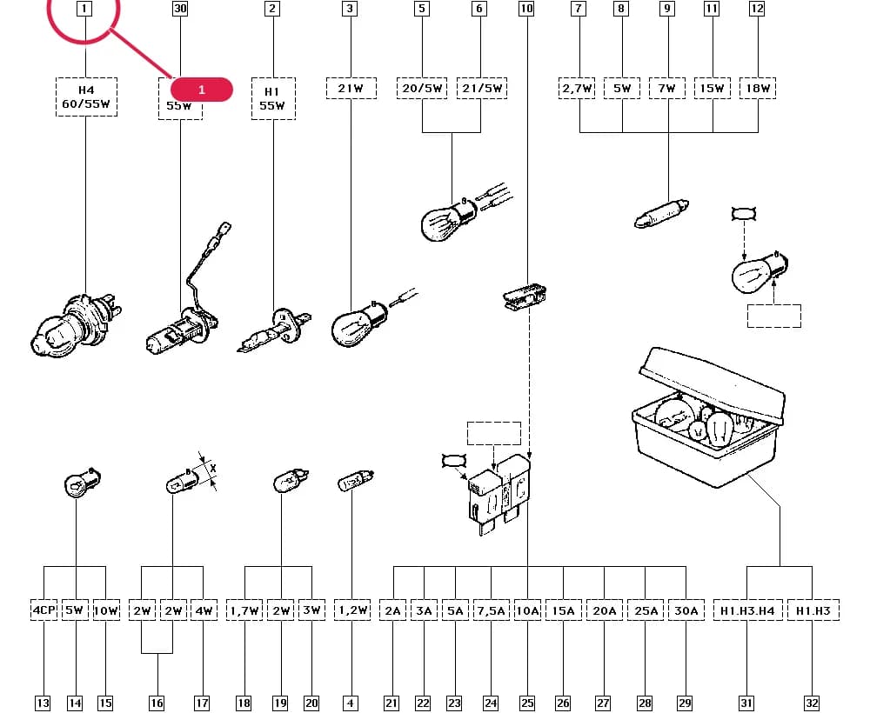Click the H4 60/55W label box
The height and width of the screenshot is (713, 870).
[x=86, y=97]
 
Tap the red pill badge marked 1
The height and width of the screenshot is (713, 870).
[x=202, y=90]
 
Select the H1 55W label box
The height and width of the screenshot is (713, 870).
[x=273, y=98]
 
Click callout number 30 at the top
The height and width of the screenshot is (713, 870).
[x=180, y=9]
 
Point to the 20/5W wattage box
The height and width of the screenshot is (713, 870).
[x=422, y=88]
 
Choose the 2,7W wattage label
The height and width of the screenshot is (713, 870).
[x=577, y=88]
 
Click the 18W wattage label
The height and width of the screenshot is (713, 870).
[x=758, y=88]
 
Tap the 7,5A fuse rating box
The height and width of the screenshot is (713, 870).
[x=491, y=610]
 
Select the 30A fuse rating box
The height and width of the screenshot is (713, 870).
[x=686, y=610]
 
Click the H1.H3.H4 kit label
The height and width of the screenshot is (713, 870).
[x=747, y=610]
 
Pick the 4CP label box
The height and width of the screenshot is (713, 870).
[x=43, y=610]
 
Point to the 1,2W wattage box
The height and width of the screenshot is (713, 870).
[x=352, y=610]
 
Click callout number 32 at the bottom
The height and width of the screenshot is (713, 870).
[x=812, y=703]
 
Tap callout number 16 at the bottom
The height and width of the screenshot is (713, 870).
[x=157, y=703]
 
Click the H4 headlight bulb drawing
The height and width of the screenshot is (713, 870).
[x=76, y=326]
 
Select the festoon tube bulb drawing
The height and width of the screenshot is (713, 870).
[x=661, y=213]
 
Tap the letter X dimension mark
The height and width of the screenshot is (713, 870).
[x=212, y=469]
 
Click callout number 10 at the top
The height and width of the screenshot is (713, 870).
[x=526, y=9]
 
